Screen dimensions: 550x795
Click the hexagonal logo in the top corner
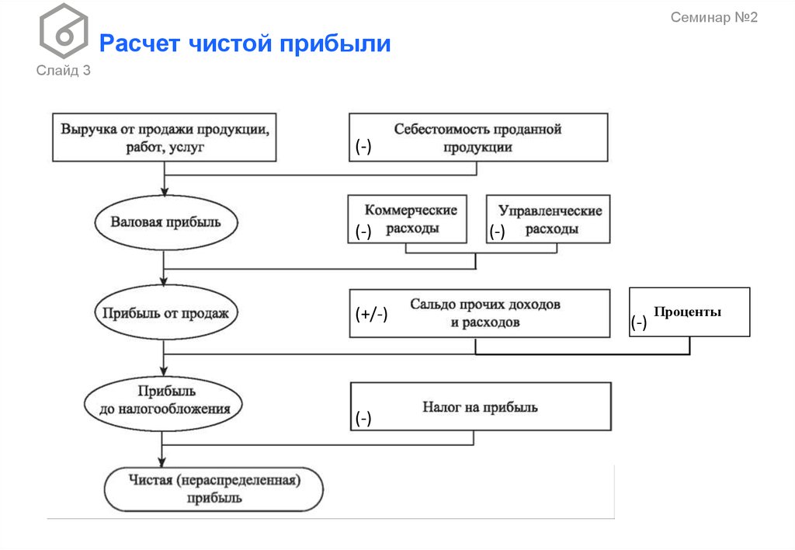64,32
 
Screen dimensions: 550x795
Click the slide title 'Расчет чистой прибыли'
245,44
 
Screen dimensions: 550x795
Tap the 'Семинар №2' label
713,18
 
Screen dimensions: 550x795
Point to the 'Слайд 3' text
64,71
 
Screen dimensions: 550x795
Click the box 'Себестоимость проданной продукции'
478,137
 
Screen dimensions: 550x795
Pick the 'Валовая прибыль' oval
165,222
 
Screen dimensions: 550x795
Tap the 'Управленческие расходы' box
549,219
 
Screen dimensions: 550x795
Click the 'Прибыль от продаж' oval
165,313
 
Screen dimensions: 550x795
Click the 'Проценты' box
689,312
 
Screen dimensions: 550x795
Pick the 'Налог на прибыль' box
480,406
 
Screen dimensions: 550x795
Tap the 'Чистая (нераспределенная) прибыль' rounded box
214,489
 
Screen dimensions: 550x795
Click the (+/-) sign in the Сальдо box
371,315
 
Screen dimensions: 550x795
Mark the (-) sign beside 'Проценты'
638,324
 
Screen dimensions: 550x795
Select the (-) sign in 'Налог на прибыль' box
363,419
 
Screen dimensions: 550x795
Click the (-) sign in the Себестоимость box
363,148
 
